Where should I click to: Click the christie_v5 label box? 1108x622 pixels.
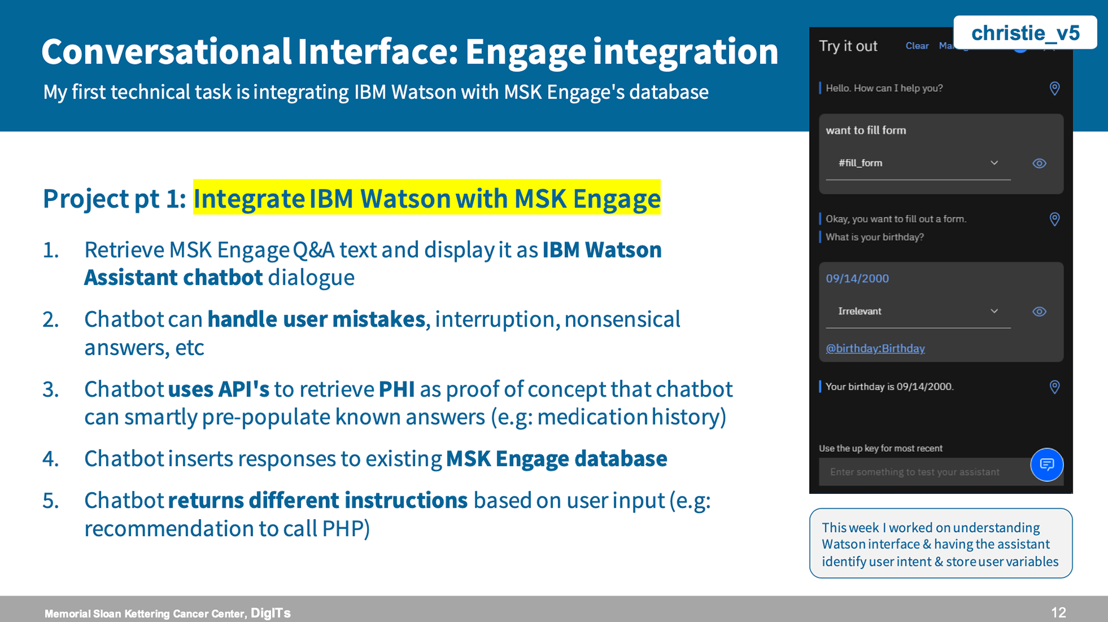[1025, 32]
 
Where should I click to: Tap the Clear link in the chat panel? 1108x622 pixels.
[917, 46]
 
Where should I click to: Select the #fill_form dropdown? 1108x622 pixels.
[918, 163]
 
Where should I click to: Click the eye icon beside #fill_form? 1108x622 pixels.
[1039, 163]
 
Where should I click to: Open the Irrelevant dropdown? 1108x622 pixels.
[918, 312]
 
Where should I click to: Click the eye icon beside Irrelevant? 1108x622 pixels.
[1039, 312]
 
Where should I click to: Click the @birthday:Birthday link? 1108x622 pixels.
[875, 349]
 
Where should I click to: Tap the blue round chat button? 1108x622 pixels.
[1047, 464]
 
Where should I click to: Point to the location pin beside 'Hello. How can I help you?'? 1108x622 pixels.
[1054, 88]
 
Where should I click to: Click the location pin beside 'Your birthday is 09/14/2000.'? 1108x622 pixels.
[1054, 387]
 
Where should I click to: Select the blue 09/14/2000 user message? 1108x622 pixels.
[857, 279]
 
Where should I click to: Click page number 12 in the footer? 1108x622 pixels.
[1058, 613]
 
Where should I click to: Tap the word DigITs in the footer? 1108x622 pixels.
[271, 613]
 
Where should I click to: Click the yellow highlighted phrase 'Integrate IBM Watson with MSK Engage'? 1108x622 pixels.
[426, 198]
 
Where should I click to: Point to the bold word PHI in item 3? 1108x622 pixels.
[396, 389]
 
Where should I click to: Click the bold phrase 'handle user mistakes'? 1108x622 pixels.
[316, 319]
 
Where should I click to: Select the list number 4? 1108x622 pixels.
[51, 459]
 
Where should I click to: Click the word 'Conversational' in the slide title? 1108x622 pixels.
[166, 51]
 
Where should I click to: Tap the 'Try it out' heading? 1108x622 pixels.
[848, 46]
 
